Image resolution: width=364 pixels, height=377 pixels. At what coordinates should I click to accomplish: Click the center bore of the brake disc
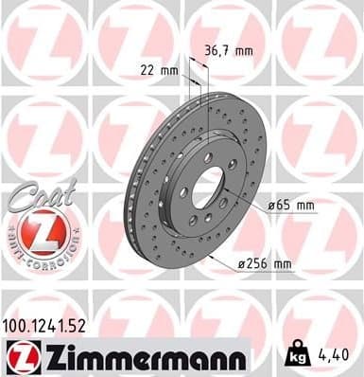point(207,186)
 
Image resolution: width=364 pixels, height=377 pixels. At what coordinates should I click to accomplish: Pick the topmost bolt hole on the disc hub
point(208,156)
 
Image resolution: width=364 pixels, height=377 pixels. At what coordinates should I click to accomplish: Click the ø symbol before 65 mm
point(270,205)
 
